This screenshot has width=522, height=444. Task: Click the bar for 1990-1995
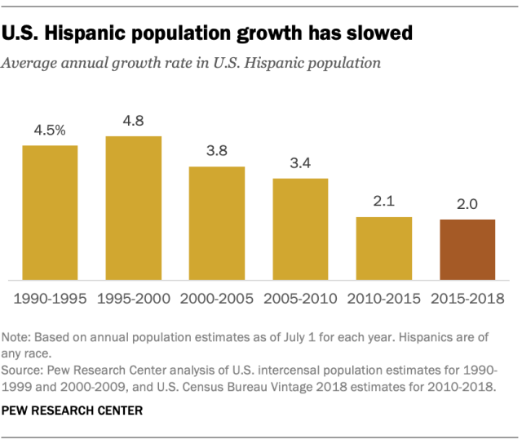pyautogui.click(x=50, y=212)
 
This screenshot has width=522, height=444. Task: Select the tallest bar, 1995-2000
pyautogui.click(x=134, y=207)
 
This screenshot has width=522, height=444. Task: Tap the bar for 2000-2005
pyautogui.click(x=217, y=223)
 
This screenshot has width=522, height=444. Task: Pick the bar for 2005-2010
pyautogui.click(x=300, y=229)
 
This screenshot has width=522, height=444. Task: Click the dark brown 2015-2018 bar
pyautogui.click(x=467, y=249)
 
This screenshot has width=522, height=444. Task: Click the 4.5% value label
pyautogui.click(x=50, y=131)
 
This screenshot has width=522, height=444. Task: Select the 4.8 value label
pyautogui.click(x=134, y=122)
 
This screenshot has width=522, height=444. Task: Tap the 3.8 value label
pyautogui.click(x=217, y=152)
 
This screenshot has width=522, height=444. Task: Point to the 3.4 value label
pyautogui.click(x=300, y=163)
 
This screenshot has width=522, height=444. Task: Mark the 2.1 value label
pyautogui.click(x=384, y=202)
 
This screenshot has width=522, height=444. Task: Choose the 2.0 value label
pyautogui.click(x=467, y=205)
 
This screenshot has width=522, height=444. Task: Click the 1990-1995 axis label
pyautogui.click(x=50, y=299)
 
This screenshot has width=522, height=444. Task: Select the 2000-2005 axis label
pyautogui.click(x=217, y=299)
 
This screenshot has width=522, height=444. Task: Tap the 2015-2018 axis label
pyautogui.click(x=467, y=299)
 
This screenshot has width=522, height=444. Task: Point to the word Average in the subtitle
pyautogui.click(x=29, y=62)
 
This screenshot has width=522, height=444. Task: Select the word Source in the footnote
pyautogui.click(x=22, y=369)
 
